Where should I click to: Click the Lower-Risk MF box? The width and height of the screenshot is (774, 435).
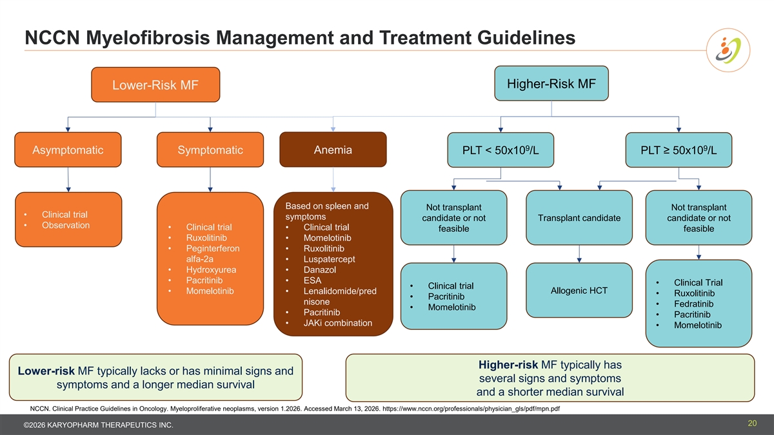(155, 85)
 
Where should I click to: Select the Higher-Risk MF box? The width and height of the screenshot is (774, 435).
(551, 84)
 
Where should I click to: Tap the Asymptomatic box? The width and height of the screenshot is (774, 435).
(68, 150)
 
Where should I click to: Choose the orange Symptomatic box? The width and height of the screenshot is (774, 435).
(210, 150)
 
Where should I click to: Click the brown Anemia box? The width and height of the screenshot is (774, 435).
(333, 150)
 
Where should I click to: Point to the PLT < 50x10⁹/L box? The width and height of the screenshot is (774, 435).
(501, 151)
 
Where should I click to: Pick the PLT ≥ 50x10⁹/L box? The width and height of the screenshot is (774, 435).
(679, 151)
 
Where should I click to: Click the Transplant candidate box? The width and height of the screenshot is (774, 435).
(579, 218)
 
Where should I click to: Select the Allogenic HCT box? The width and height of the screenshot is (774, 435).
(579, 291)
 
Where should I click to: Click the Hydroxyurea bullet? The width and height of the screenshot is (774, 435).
(211, 269)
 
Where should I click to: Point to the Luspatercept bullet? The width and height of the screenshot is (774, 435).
(329, 259)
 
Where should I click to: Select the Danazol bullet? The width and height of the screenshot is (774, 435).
(321, 269)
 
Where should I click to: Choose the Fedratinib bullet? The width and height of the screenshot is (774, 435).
(693, 304)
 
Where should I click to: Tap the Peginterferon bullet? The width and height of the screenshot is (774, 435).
(212, 249)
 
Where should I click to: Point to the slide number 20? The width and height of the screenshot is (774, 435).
(752, 423)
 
